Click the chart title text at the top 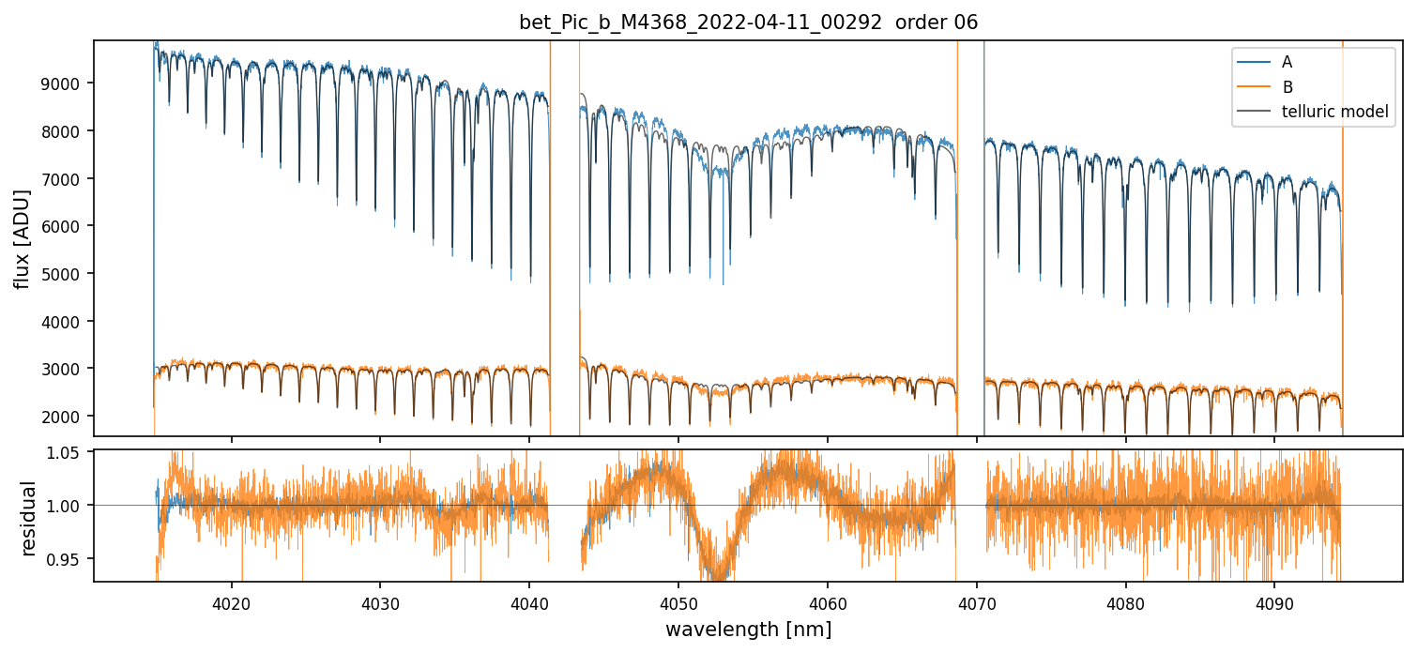(x=748, y=23)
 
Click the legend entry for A (x=1287, y=62)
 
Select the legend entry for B (x=1287, y=87)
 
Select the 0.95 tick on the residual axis (x=70, y=559)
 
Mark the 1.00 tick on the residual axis (x=70, y=506)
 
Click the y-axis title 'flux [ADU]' (x=22, y=238)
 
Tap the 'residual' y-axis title (x=29, y=518)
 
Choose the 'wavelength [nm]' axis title (x=748, y=629)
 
